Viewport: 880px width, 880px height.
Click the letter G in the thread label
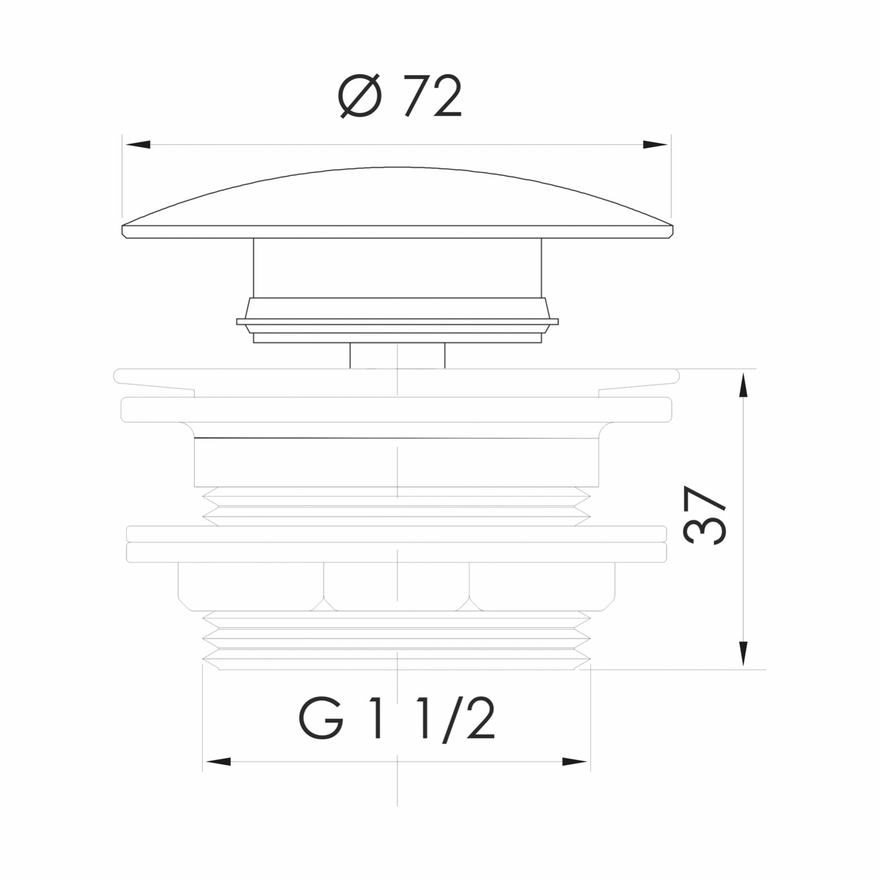(321, 718)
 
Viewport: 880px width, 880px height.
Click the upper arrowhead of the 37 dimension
(743, 385)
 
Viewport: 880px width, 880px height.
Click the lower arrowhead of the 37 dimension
(743, 654)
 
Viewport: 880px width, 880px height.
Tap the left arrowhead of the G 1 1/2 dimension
(218, 761)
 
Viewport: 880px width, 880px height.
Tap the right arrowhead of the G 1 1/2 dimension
(575, 761)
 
